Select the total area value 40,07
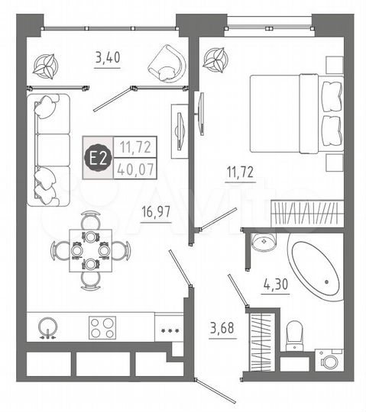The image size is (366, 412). (133, 169)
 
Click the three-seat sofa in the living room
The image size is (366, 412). (48, 149)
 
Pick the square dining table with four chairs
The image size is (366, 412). (91, 249)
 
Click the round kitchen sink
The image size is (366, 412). (48, 328)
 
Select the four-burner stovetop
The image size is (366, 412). (102, 328)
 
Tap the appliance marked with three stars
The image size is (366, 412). (167, 330)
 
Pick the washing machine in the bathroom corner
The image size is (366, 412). (329, 359)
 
